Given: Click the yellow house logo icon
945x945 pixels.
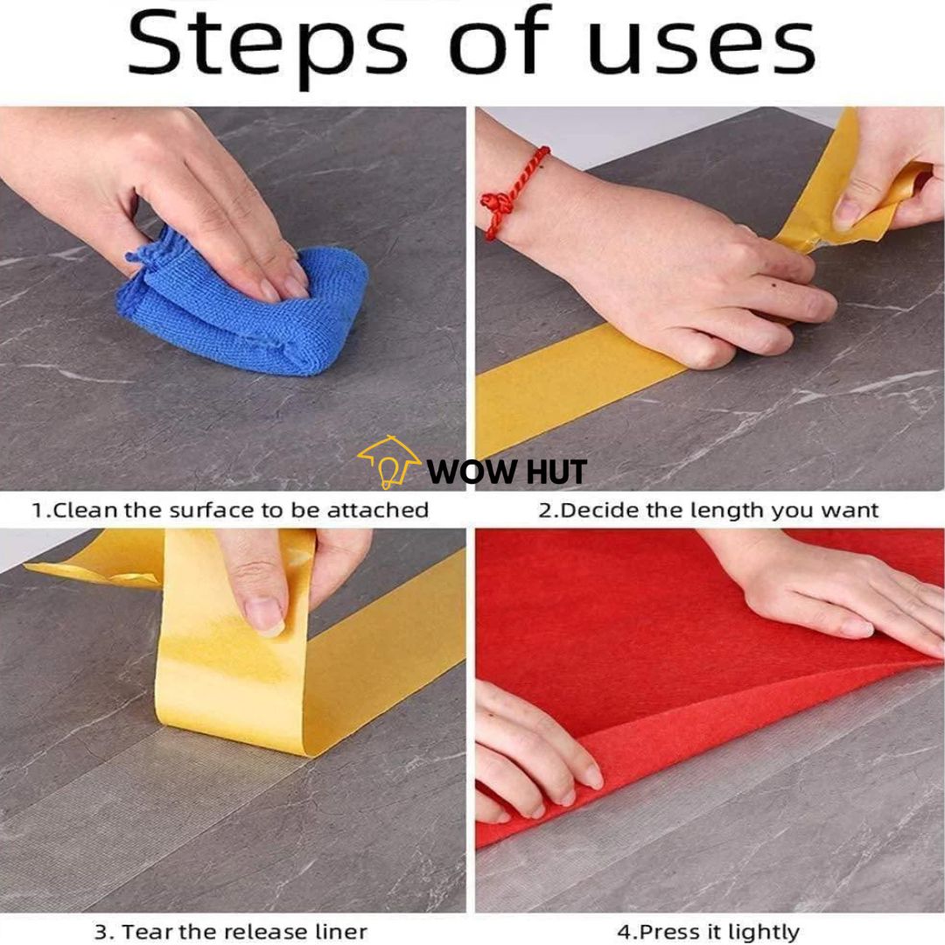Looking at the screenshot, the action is click(x=388, y=461).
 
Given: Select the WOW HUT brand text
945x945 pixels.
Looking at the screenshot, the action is click(x=507, y=472).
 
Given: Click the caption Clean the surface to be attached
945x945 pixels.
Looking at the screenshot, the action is click(x=230, y=510).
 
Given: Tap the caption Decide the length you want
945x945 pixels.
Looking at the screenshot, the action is click(x=708, y=511).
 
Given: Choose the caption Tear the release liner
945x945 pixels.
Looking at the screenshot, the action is click(x=230, y=932).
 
